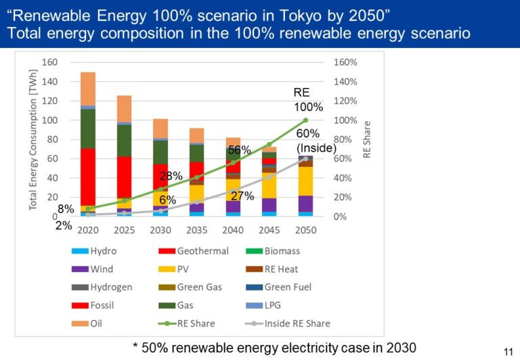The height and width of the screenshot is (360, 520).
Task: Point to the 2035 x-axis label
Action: click(196, 229)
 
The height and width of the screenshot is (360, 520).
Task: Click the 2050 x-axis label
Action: click(305, 229)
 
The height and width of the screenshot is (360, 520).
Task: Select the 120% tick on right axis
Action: click(344, 101)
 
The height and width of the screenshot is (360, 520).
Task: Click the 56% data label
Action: click(239, 150)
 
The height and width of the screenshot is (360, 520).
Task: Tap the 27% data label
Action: click(242, 196)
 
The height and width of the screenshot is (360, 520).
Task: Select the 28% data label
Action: click(171, 176)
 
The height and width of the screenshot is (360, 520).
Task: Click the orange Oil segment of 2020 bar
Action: click(87, 88)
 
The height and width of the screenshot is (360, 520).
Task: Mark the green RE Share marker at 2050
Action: click(305, 120)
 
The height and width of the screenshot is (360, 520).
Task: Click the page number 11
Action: click(505, 350)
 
